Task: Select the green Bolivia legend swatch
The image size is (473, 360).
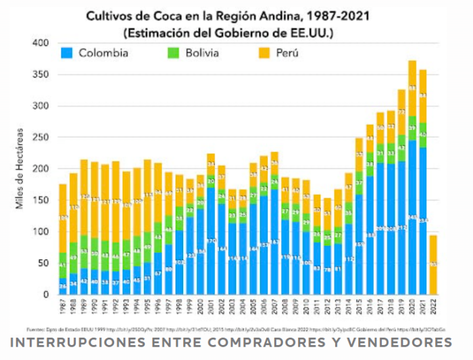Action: click(x=174, y=53)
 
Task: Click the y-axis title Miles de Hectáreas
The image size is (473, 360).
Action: click(x=22, y=169)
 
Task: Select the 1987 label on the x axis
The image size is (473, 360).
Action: click(x=63, y=309)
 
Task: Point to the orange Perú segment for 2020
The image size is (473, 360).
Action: click(x=412, y=88)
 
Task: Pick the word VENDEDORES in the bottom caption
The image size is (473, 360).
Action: click(x=399, y=342)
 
